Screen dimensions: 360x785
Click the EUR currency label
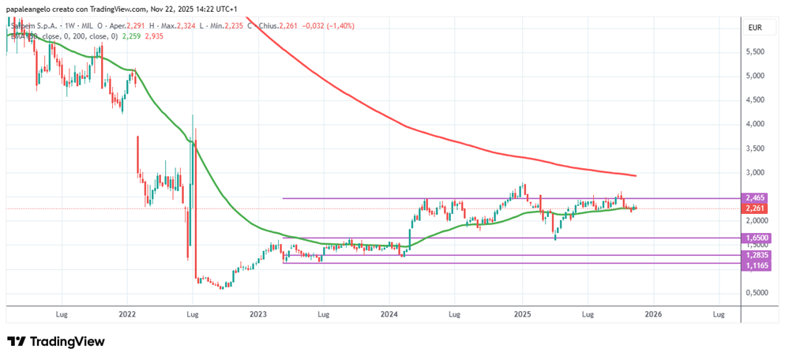(755, 28)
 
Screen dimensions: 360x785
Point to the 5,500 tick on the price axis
(755, 52)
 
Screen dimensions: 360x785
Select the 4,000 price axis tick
(755, 124)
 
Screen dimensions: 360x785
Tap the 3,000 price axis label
(755, 172)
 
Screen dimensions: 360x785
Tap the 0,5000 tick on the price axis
(755, 293)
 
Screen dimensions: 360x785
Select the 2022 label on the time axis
(127, 313)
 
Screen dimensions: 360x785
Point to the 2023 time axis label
(258, 313)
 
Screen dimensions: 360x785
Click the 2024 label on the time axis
(389, 313)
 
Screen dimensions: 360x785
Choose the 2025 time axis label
(521, 313)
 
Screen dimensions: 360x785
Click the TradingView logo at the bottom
(56, 342)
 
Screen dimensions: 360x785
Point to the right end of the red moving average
(636, 175)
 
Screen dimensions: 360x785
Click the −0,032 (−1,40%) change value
(328, 25)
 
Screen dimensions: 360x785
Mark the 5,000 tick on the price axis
(755, 76)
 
